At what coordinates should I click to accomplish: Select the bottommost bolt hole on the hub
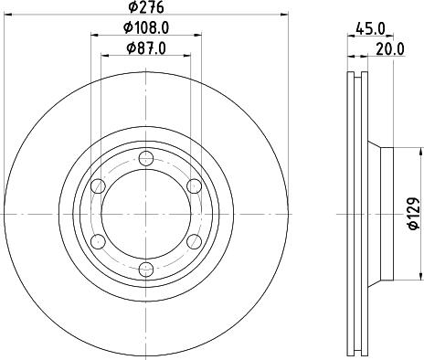click(x=145, y=270)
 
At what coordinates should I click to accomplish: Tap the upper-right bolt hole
click(x=194, y=186)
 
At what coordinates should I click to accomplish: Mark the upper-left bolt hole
click(x=97, y=186)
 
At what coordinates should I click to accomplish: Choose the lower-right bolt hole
click(x=194, y=242)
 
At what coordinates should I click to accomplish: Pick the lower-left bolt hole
click(x=97, y=242)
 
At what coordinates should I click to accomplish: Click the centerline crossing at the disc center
click(x=145, y=214)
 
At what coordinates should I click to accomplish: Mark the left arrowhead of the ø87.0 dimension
click(x=102, y=57)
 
